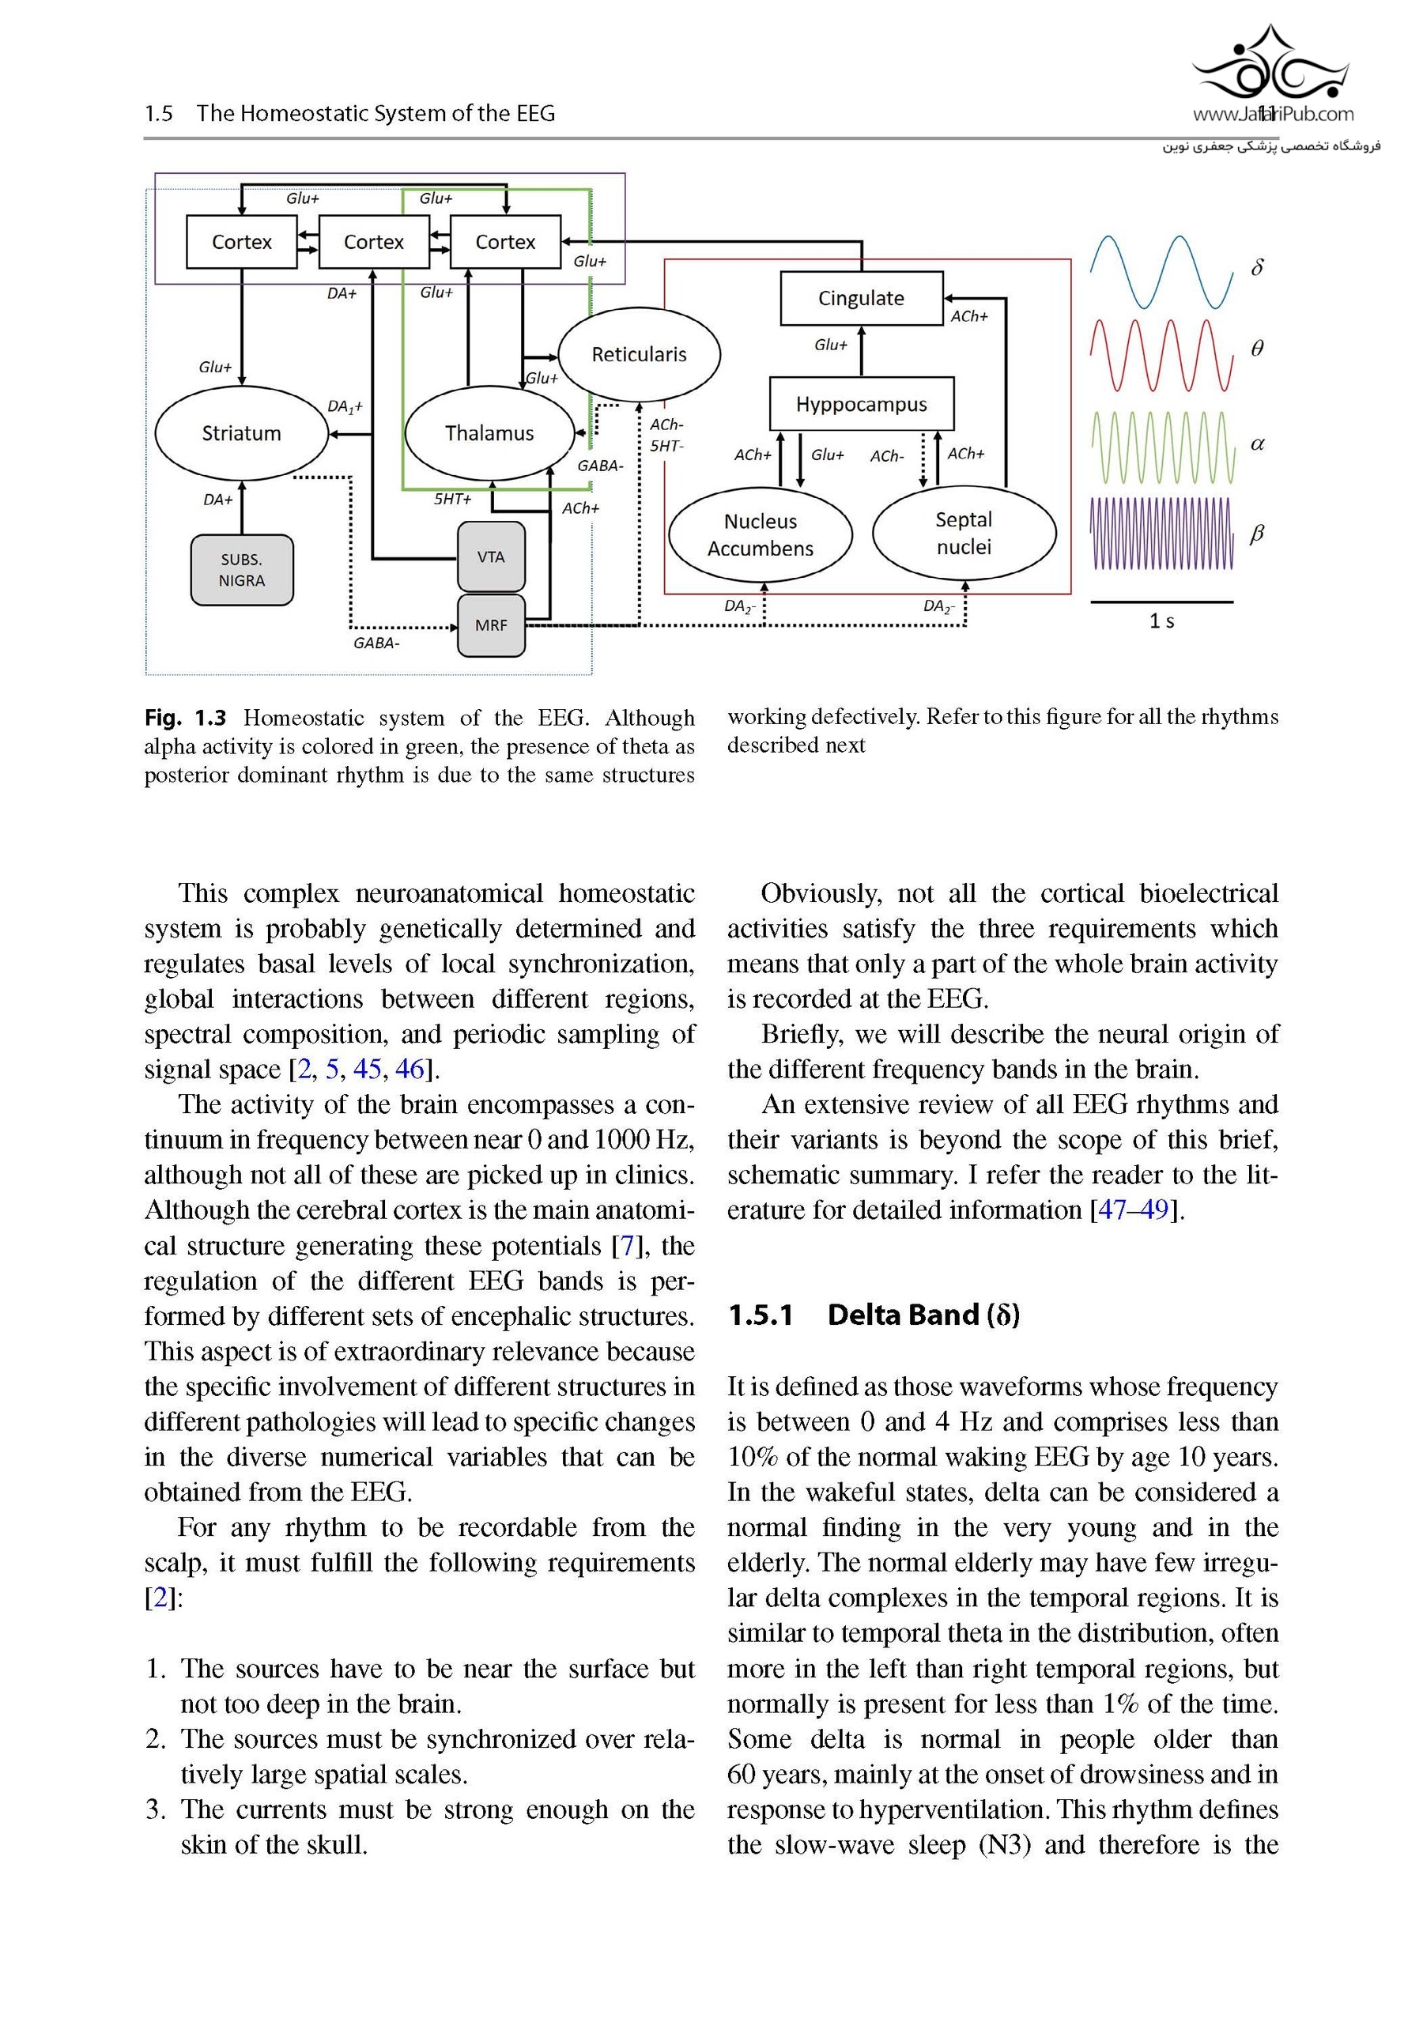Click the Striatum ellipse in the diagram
click(241, 433)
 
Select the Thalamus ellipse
click(489, 433)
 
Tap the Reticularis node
click(639, 353)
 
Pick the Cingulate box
click(861, 298)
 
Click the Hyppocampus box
click(861, 404)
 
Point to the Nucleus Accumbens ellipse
click(760, 534)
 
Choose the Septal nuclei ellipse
click(963, 533)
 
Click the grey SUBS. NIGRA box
click(241, 570)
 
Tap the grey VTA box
click(491, 557)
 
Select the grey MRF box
click(491, 625)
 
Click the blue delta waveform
click(1161, 271)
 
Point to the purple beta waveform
click(1161, 533)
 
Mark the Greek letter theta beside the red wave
click(1257, 349)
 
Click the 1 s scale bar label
click(1161, 621)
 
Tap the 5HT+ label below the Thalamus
click(452, 500)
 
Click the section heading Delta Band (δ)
click(923, 1315)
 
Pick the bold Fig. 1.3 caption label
click(185, 717)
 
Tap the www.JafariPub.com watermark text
click(1272, 114)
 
